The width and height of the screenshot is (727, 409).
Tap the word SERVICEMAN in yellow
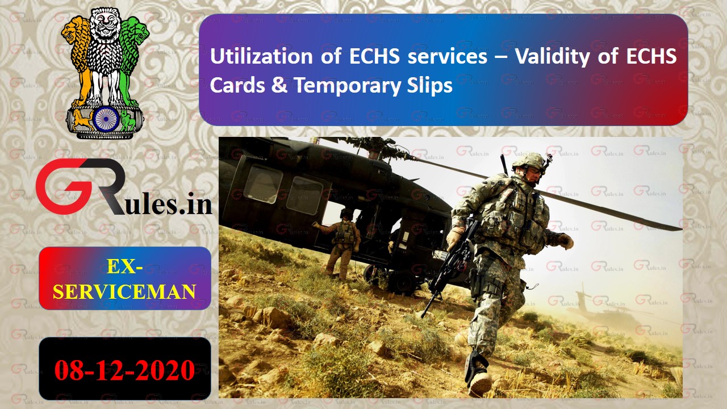(x=124, y=291)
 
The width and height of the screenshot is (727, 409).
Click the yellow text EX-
(x=124, y=265)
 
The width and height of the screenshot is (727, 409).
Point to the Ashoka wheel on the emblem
(x=105, y=118)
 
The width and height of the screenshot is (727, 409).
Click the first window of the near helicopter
(x=263, y=183)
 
